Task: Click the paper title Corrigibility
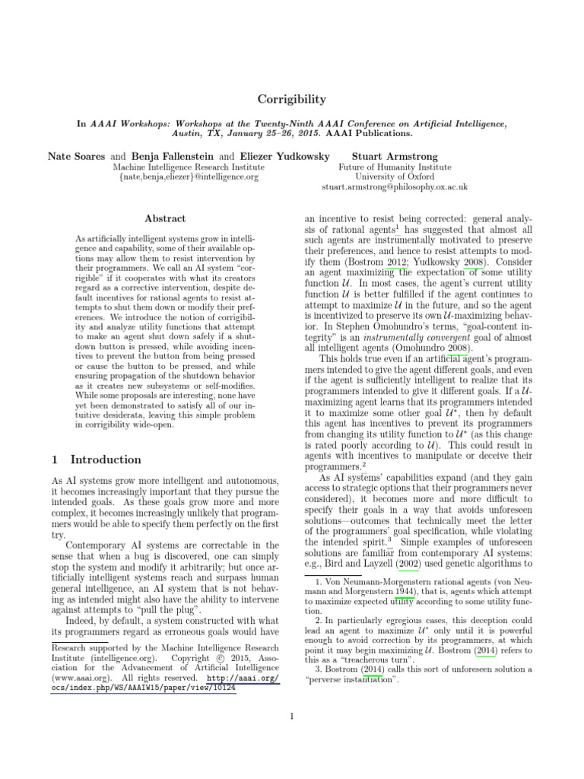(x=292, y=99)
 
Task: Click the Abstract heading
(x=165, y=218)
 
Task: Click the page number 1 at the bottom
(x=292, y=714)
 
